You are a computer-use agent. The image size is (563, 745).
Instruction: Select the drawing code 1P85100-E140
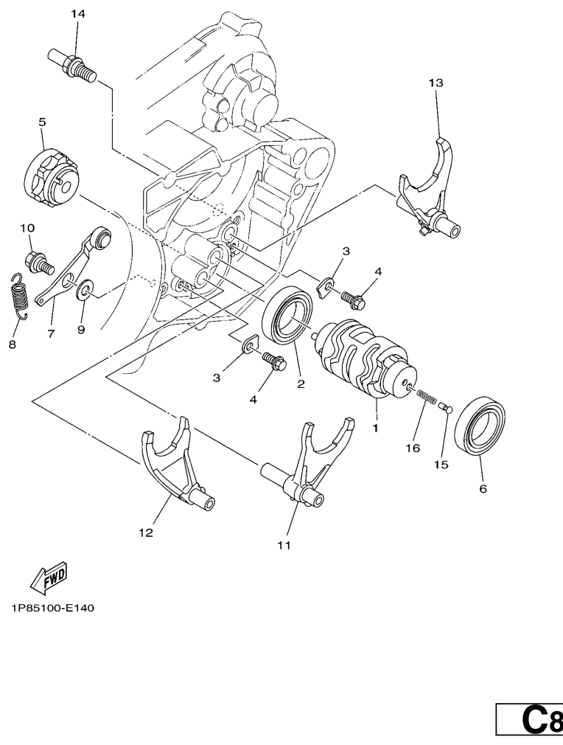pyautogui.click(x=52, y=609)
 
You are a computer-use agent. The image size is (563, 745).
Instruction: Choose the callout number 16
pyautogui.click(x=412, y=448)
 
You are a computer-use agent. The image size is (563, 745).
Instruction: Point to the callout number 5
pyautogui.click(x=42, y=121)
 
